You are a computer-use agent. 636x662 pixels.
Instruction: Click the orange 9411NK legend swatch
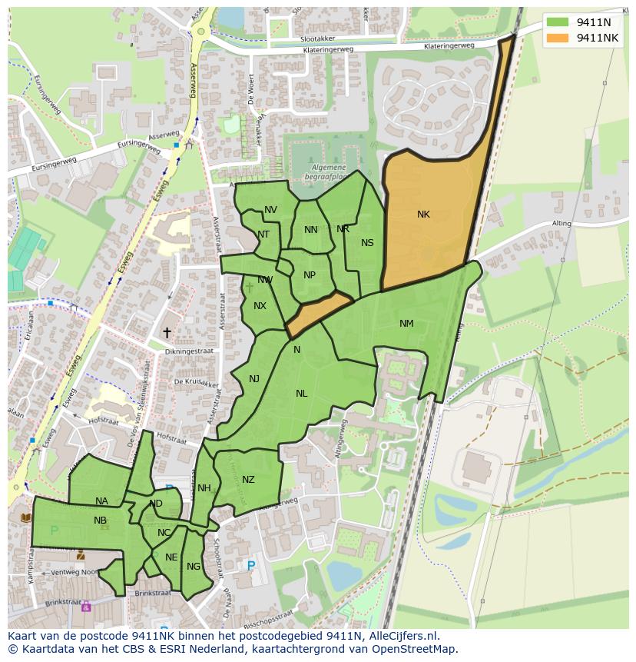tap(558, 38)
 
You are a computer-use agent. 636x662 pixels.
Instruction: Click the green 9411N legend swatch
tap(558, 22)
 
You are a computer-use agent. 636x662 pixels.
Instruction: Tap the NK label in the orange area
tap(423, 215)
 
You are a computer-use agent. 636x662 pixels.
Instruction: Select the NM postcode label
tap(406, 324)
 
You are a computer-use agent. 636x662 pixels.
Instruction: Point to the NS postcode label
tap(367, 243)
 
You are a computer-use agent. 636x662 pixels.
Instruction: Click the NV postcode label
tap(270, 210)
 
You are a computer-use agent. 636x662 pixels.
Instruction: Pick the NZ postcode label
tap(248, 480)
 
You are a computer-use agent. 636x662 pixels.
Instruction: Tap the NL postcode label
tap(301, 394)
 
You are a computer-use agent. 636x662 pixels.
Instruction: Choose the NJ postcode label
tap(254, 378)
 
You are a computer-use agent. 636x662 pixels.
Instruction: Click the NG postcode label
tap(194, 567)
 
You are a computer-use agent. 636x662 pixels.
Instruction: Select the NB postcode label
tap(100, 521)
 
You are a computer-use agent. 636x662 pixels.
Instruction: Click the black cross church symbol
tap(167, 333)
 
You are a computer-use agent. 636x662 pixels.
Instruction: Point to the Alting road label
tap(561, 224)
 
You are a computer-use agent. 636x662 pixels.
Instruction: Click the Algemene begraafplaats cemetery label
tap(329, 171)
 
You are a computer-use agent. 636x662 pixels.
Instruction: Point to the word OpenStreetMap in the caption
tap(414, 649)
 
